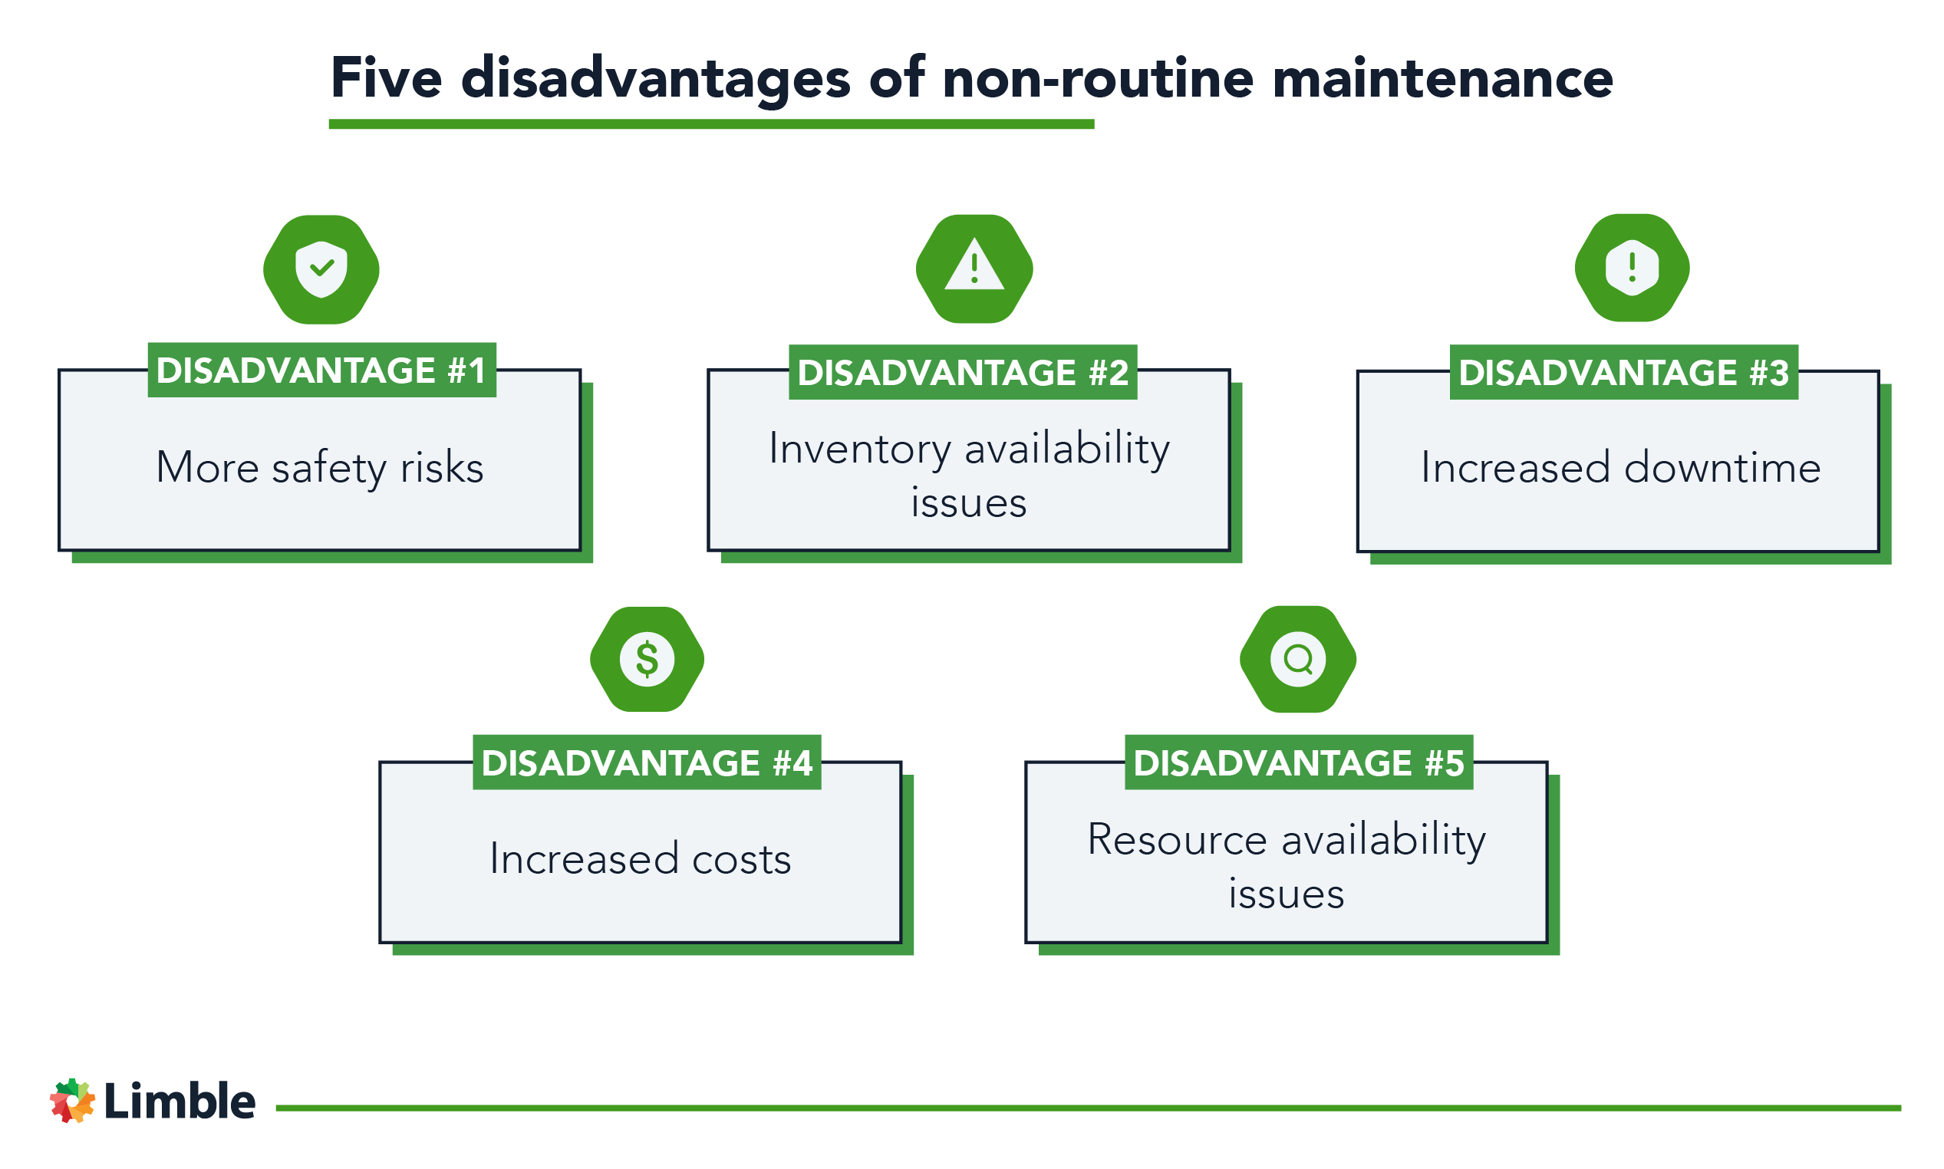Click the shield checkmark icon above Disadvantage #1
[x=321, y=269]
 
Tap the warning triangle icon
[x=974, y=268]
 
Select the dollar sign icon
[x=647, y=660]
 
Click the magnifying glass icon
[x=1297, y=660]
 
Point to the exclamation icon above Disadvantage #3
[x=1631, y=268]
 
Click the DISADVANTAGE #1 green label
[x=321, y=370]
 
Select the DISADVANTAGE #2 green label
[x=963, y=373]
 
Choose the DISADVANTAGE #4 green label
[x=647, y=762]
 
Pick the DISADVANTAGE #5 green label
[x=1298, y=762]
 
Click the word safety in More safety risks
[x=328, y=469]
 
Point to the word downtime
[x=1721, y=468]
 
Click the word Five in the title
[x=386, y=79]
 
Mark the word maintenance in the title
[x=1442, y=79]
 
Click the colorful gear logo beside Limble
[x=72, y=1101]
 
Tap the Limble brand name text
[x=180, y=1101]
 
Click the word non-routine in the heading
[x=1097, y=79]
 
